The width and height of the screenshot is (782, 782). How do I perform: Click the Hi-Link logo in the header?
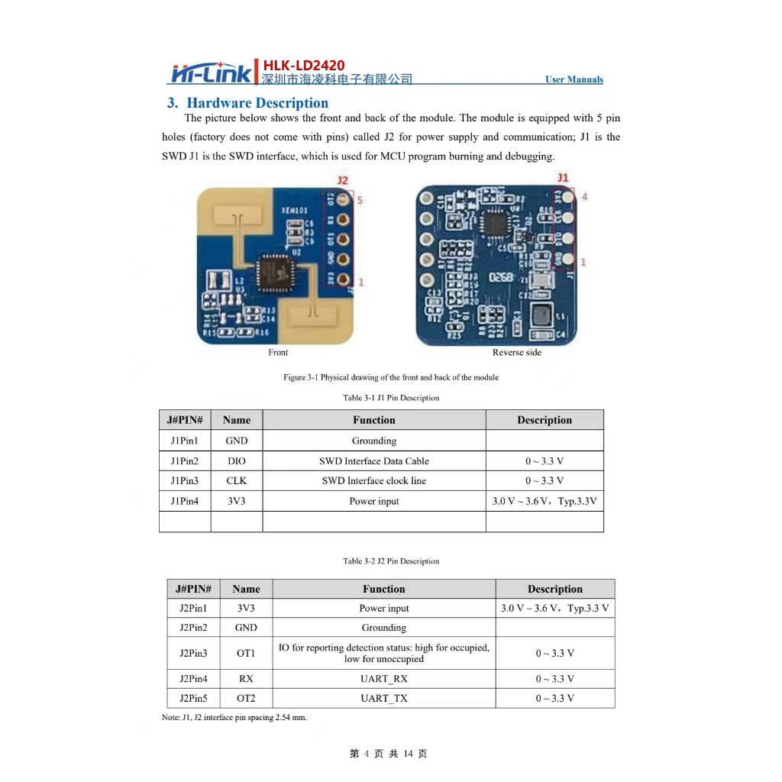coord(209,73)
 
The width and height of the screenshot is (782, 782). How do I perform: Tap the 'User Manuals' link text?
coord(574,79)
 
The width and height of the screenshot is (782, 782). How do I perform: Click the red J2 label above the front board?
coord(343,181)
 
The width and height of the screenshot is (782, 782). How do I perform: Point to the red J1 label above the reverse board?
coord(563,177)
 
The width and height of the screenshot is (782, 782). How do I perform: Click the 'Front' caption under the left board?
coord(278,352)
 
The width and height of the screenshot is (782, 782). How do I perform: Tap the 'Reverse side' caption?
coord(517,352)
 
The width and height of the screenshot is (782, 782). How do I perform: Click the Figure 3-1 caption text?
coord(390,377)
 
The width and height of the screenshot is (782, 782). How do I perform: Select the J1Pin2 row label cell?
coord(184,461)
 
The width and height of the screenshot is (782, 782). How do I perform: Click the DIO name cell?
coord(237,461)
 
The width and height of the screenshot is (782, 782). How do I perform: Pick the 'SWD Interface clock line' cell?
coord(373,481)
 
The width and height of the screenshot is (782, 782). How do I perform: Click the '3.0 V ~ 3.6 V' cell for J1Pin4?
coord(544,502)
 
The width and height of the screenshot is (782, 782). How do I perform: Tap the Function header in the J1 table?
coord(373,420)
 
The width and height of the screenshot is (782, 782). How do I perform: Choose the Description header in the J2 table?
coord(554,589)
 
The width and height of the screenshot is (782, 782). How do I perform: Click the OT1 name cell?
coord(246,653)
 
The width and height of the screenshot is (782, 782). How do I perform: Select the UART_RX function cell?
coord(383,679)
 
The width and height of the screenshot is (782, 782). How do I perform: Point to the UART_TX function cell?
coord(383,698)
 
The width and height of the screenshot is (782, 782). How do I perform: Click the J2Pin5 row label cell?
coord(193,698)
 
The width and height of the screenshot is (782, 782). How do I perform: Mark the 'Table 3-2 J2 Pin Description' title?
coord(391,561)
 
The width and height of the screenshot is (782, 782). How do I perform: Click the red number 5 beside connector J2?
coord(360,201)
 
